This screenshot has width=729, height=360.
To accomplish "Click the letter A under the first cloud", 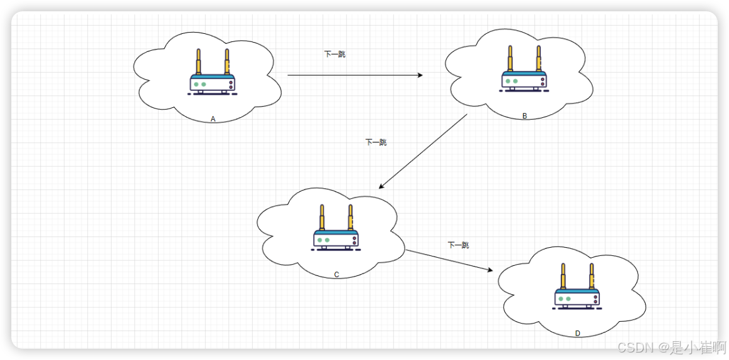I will click(x=213, y=119).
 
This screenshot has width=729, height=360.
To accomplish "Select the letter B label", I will click(x=524, y=116).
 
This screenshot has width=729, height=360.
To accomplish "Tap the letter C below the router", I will click(x=336, y=275).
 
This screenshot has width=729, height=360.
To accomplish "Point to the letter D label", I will click(x=578, y=334).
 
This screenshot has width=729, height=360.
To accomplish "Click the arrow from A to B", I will click(x=354, y=75).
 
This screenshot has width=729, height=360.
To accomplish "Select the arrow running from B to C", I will click(x=423, y=152).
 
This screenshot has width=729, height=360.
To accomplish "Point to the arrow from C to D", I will click(x=449, y=260).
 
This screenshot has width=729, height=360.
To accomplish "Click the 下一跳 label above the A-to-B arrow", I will click(x=334, y=55).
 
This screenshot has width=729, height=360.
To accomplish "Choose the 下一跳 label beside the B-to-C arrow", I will click(x=376, y=142).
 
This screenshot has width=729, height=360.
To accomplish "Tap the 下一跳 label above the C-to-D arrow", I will click(x=458, y=245).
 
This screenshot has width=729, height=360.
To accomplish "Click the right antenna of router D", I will click(x=591, y=277).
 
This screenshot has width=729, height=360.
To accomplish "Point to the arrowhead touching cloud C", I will click(x=381, y=186).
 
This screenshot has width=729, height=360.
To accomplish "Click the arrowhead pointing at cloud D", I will click(x=490, y=270).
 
